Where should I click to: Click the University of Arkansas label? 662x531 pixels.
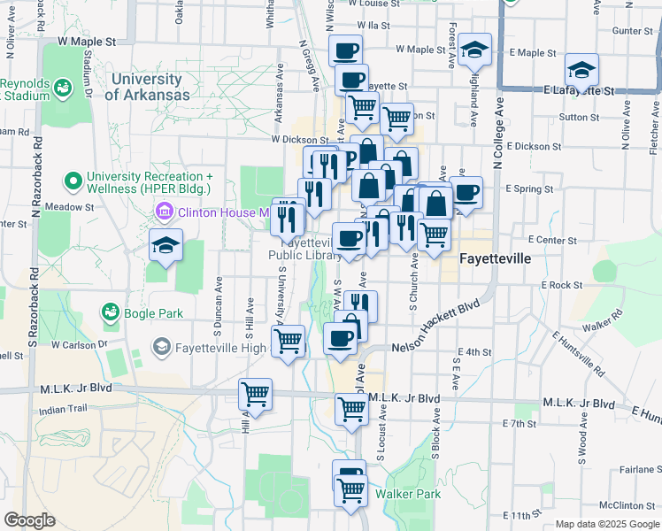(148, 87)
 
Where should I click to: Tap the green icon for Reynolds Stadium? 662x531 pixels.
(62, 88)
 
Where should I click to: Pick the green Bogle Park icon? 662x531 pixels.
(111, 313)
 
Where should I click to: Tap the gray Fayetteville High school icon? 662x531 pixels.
(162, 347)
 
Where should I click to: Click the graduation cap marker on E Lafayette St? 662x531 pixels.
(581, 68)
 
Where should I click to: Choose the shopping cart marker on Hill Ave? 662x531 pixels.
(256, 394)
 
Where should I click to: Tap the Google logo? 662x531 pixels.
(29, 520)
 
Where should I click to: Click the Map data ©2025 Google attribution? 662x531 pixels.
(607, 524)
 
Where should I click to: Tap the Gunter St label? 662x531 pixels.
(632, 30)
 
